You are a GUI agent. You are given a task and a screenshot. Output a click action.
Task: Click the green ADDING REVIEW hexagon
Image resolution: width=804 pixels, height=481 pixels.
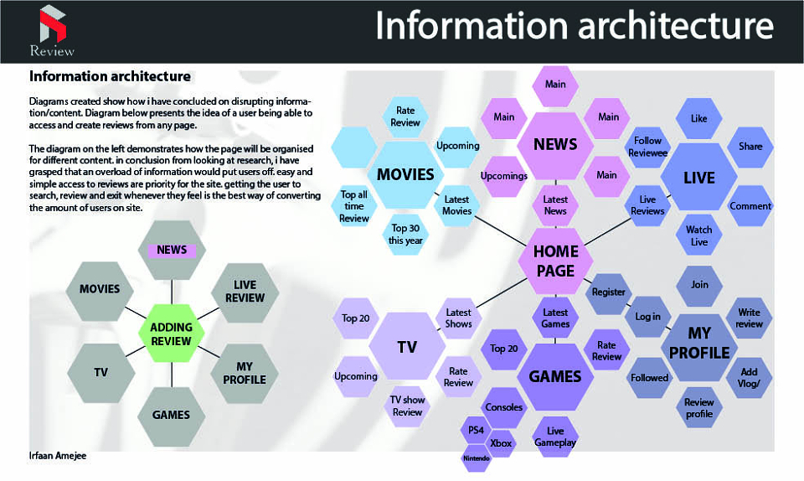(171, 334)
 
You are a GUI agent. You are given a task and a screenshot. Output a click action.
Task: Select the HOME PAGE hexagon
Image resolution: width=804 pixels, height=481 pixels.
(556, 261)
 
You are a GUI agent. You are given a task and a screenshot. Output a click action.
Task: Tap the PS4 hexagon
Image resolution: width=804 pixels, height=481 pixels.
(476, 430)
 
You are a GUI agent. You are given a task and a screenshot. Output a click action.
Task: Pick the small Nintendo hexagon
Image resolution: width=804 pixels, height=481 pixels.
(477, 458)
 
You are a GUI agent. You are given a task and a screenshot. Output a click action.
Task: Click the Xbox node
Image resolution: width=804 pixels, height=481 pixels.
(501, 443)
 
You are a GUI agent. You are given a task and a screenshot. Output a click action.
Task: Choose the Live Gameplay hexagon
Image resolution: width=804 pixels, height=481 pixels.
(555, 437)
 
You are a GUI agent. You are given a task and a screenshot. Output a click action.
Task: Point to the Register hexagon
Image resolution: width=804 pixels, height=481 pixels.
(609, 292)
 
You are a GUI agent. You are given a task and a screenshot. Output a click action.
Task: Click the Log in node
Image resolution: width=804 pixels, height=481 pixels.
(648, 317)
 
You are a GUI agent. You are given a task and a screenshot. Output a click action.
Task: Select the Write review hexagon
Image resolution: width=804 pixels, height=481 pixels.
(749, 318)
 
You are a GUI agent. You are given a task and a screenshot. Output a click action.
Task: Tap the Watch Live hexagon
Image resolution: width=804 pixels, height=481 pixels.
(698, 235)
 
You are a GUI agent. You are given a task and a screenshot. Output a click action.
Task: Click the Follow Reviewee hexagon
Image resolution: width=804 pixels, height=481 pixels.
(647, 147)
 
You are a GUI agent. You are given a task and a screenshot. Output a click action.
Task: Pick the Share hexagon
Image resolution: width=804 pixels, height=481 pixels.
(750, 146)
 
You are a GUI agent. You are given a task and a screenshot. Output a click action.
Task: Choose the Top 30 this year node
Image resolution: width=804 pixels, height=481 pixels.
(405, 235)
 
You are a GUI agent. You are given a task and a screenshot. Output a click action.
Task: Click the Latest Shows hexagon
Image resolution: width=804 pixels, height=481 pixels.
(458, 318)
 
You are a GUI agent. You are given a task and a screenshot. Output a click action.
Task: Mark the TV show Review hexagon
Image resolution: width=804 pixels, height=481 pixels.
(407, 406)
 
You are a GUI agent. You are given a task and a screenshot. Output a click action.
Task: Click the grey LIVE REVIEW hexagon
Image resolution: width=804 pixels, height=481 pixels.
(245, 292)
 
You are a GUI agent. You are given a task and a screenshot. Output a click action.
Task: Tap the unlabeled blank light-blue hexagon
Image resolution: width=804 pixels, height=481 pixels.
(354, 147)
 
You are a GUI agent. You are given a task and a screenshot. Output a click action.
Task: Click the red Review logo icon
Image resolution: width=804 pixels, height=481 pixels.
(53, 24)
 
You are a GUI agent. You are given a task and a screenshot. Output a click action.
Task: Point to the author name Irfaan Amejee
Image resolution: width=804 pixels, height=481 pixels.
(58, 455)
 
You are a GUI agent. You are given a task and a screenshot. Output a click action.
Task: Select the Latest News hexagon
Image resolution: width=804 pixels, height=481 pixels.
(555, 205)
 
